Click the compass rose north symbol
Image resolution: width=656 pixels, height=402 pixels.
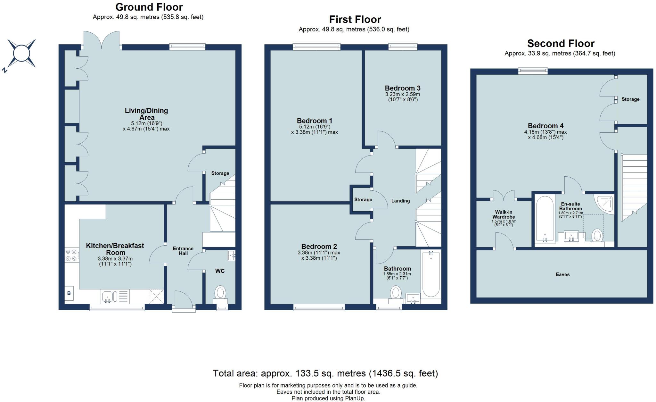21,53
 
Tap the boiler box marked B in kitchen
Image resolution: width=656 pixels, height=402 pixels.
69,293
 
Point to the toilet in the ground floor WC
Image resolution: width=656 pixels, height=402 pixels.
220,293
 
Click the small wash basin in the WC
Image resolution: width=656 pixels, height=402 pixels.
232,255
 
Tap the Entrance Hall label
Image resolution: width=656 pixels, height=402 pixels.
183,251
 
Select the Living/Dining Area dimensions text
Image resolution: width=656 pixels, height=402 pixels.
146,126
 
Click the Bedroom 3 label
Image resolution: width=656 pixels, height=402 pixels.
403,88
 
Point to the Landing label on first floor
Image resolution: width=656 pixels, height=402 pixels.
400,201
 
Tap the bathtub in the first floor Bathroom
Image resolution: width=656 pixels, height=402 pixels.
431,274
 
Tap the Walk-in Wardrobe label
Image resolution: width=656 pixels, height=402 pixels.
504,214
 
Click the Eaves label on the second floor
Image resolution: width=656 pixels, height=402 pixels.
563,274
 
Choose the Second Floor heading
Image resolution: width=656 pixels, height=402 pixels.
561,44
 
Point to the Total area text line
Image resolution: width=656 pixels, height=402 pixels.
325,373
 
